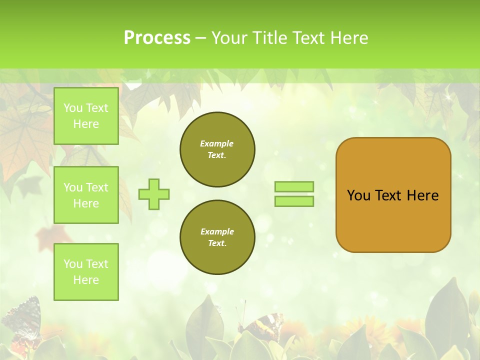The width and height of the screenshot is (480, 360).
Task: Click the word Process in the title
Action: (157, 38)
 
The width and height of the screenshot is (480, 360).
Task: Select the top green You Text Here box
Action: (86, 116)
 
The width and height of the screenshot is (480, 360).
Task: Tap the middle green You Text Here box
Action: (86, 195)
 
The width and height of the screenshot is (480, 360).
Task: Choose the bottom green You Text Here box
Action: (86, 272)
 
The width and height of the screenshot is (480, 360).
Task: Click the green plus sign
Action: (154, 194)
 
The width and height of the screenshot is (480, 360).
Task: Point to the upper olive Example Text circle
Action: (217, 149)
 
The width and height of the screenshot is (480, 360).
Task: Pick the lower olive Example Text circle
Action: (217, 237)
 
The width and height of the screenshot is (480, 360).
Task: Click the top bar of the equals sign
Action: (294, 186)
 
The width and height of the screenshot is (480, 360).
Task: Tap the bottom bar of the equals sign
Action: (294, 201)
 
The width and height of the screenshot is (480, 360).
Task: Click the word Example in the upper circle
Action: (217, 143)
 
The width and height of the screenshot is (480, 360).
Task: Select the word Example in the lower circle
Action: (217, 231)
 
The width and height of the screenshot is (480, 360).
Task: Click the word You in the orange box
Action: (358, 195)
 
